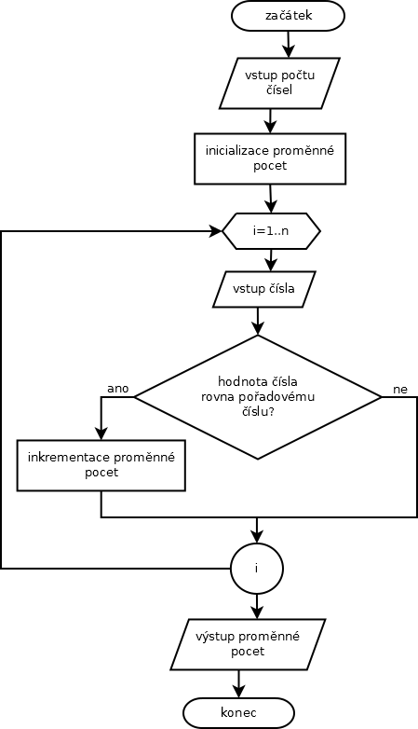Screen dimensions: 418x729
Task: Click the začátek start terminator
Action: (x=288, y=16)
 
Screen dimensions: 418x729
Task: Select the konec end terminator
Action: (x=238, y=713)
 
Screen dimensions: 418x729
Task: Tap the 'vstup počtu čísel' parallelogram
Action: (x=279, y=83)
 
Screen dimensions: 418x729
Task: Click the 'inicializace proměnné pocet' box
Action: (x=270, y=158)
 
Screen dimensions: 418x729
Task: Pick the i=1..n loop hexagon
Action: (x=271, y=230)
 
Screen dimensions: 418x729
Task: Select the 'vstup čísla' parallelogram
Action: (x=263, y=289)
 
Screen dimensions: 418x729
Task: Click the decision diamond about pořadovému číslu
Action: (x=258, y=397)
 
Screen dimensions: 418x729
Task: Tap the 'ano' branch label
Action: (x=118, y=389)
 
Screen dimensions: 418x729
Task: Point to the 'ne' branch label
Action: (x=400, y=390)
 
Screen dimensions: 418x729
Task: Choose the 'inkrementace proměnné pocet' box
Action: (x=101, y=465)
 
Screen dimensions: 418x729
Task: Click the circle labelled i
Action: (x=256, y=568)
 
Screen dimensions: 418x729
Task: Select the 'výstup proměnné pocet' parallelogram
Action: (x=248, y=644)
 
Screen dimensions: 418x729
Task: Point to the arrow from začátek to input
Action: (x=288, y=44)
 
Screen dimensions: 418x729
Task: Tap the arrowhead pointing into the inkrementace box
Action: (x=101, y=433)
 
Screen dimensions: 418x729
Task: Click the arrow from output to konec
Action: (x=238, y=684)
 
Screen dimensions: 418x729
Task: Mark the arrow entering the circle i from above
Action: (x=256, y=530)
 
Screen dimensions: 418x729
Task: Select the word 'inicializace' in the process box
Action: (x=236, y=151)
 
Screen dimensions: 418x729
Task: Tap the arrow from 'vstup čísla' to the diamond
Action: (x=258, y=322)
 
